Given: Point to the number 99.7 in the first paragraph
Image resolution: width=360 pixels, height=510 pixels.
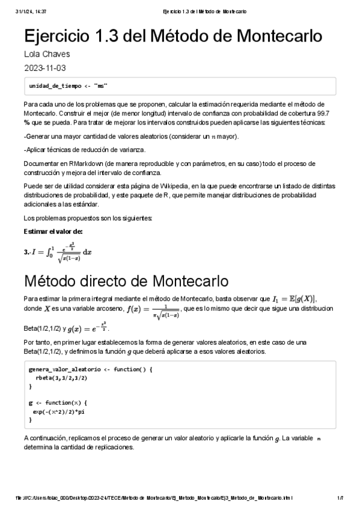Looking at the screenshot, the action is coord(334,112).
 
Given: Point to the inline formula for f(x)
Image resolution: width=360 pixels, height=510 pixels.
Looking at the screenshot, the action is coord(153,310).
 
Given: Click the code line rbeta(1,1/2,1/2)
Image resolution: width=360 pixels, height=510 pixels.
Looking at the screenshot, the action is coord(61,378).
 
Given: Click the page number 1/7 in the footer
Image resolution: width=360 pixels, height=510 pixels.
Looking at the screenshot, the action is coord(340,499).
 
